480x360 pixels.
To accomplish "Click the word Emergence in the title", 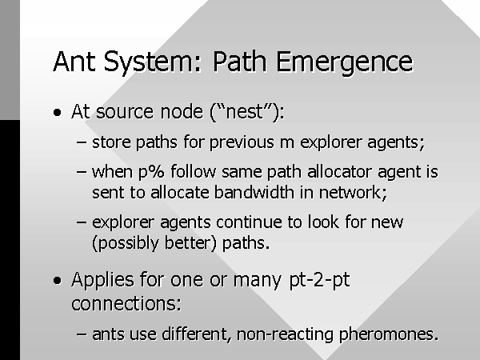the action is click(345, 62).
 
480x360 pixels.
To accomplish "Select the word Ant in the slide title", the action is click(74, 62).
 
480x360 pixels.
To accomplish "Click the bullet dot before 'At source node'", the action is click(57, 112).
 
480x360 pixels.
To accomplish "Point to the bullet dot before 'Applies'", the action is click(57, 281).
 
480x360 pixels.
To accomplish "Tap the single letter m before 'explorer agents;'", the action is click(287, 144).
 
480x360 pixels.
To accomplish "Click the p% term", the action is click(151, 173).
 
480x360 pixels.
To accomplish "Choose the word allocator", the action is click(340, 172).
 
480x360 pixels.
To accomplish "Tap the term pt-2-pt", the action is click(319, 281).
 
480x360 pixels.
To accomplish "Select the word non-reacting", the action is click(285, 334).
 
